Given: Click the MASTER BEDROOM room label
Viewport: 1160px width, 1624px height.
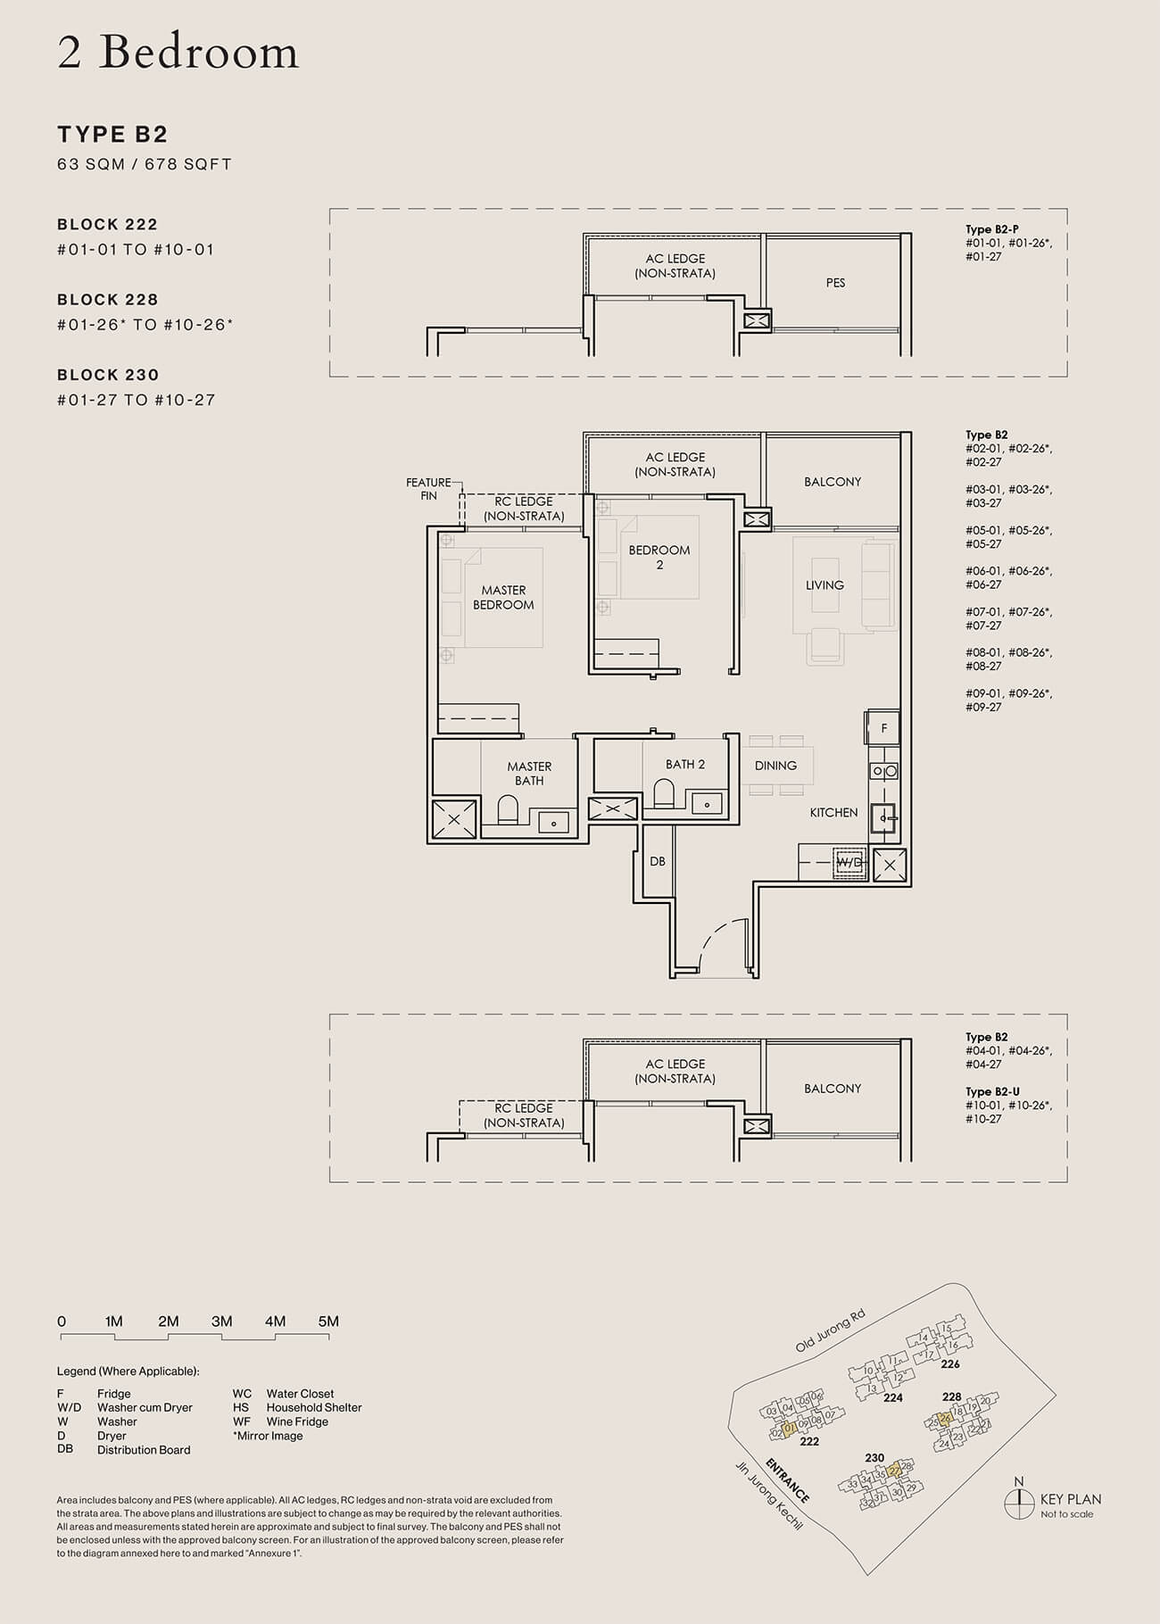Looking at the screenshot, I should click(x=503, y=597).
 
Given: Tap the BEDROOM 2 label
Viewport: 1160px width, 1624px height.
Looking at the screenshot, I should click(x=659, y=557).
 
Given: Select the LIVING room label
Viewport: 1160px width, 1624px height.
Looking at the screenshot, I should click(x=824, y=585).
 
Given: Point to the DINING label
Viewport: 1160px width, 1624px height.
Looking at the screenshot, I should click(x=775, y=766).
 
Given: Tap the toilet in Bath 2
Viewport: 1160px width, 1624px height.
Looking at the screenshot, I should click(x=664, y=793).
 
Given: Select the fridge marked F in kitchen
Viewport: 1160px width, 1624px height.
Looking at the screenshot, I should click(x=883, y=728).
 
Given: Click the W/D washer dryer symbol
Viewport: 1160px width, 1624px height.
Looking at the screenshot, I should click(x=849, y=863).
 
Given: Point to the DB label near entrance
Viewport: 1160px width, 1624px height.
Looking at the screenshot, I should click(x=657, y=862).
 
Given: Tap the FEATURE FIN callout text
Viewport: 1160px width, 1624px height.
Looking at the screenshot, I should click(x=428, y=489).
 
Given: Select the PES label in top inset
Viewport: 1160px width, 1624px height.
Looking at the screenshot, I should click(x=835, y=283).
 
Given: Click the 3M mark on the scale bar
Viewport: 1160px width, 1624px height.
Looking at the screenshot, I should click(x=221, y=1322).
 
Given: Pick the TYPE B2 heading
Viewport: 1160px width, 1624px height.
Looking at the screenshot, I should click(x=112, y=135).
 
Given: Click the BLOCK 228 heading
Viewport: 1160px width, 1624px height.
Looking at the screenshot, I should click(x=107, y=300).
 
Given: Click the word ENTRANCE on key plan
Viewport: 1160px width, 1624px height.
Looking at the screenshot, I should click(x=787, y=1480).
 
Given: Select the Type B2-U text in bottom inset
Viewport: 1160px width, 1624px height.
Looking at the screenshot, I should click(x=992, y=1091).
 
